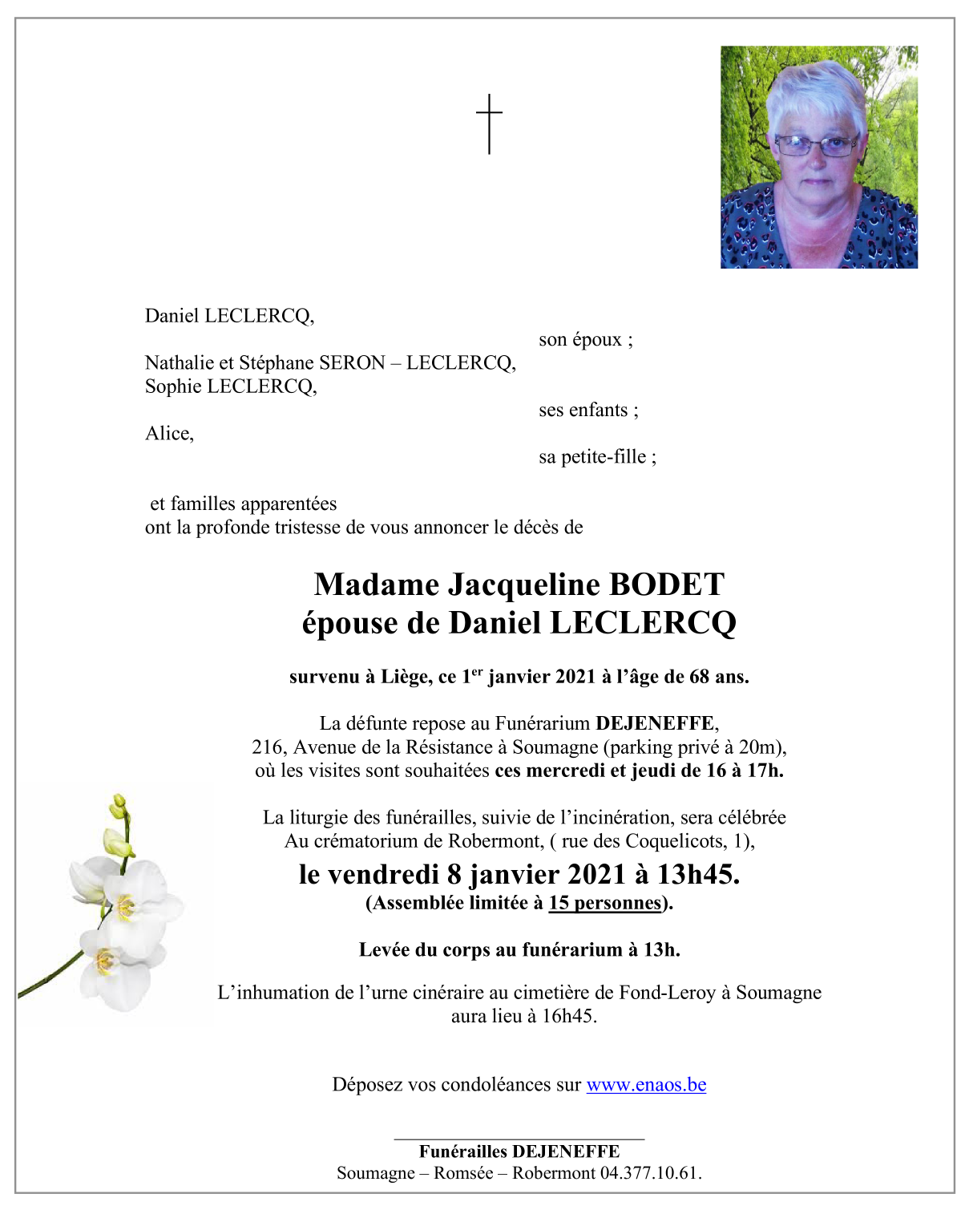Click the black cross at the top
pos(489,123)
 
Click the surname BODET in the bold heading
pos(667,585)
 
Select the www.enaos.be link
pos(646,1085)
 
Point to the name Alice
pos(168,434)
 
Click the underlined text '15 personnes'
pos(605,903)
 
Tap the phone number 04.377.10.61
pos(650,1173)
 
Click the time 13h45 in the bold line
pos(697,874)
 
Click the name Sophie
pos(173,386)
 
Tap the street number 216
pos(268,747)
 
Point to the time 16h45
pos(567,1017)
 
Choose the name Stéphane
pos(276,363)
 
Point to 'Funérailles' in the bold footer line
pos(462,1151)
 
